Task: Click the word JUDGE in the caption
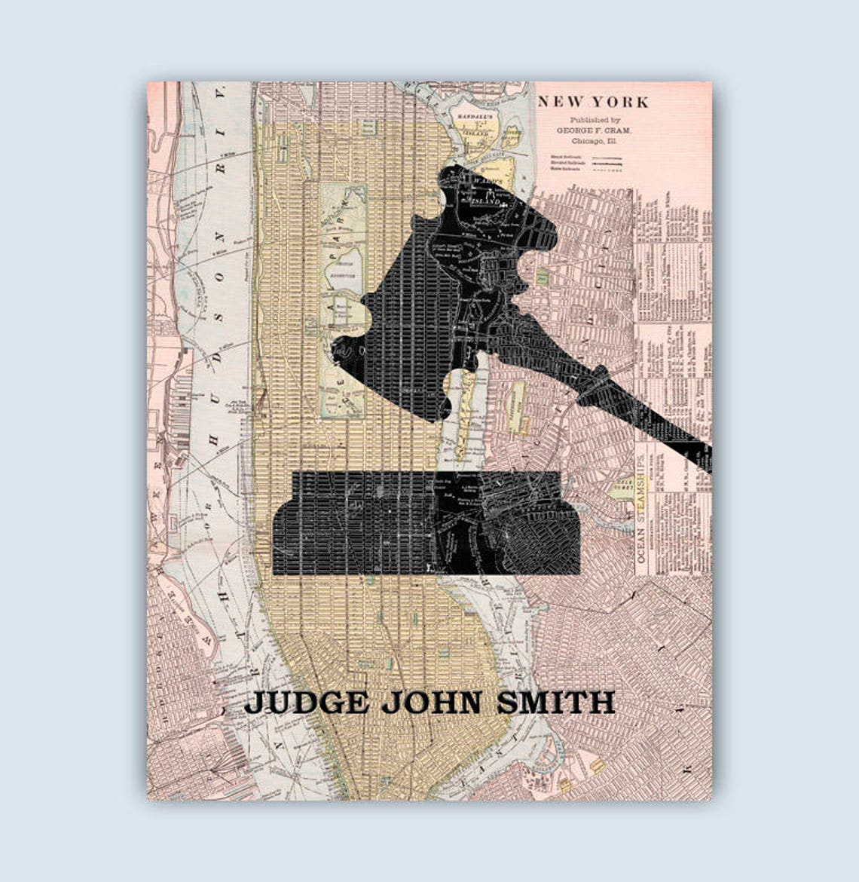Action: point(307,703)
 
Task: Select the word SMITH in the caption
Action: point(555,703)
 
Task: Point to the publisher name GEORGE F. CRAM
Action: point(595,130)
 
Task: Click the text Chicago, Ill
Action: point(595,140)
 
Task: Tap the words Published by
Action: point(595,120)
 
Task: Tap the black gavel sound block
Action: point(426,523)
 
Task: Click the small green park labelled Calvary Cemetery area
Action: point(622,488)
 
